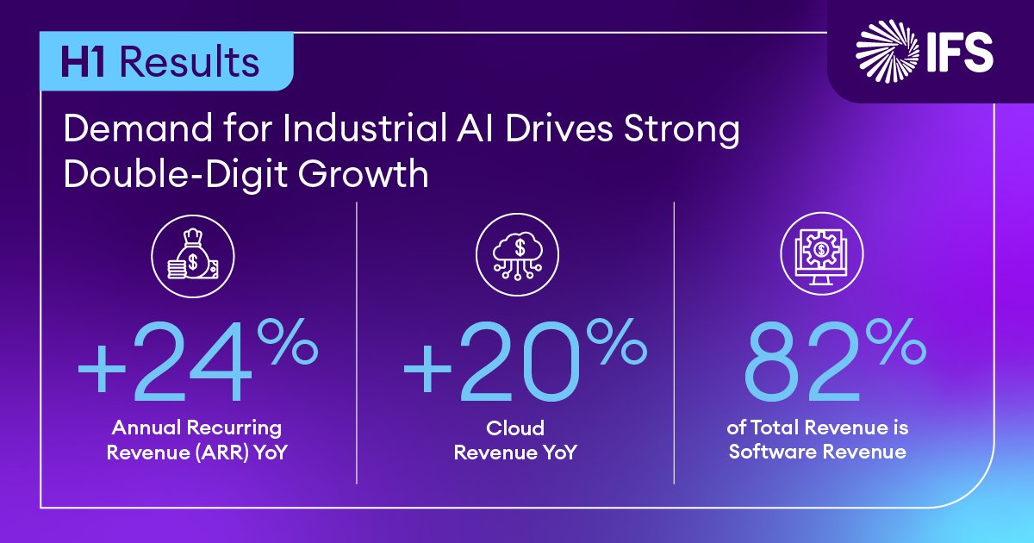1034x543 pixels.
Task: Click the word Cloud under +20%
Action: pos(515,428)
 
